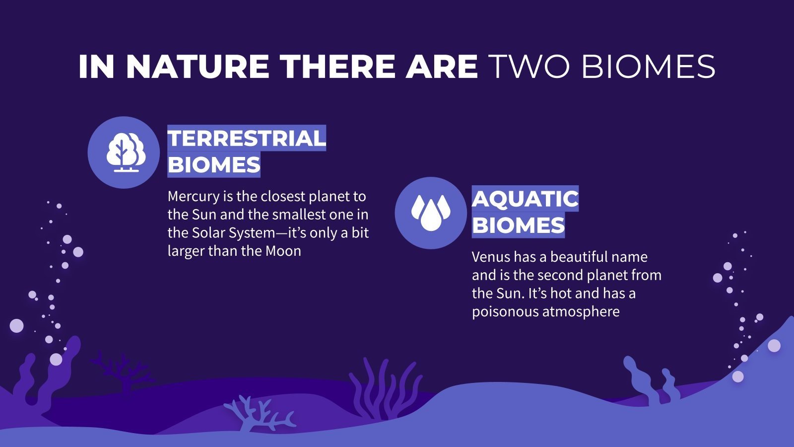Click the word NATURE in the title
point(197,67)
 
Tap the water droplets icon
point(430,213)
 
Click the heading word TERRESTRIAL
point(246,138)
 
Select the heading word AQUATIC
point(525,199)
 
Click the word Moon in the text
point(283,251)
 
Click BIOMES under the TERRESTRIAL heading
point(213,165)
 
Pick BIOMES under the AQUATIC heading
point(518,225)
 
